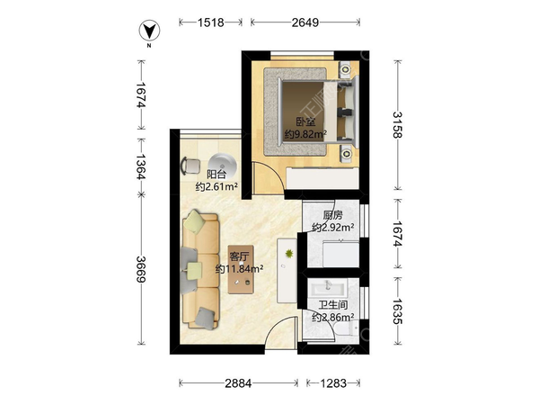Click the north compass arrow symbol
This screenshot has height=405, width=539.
point(149,31)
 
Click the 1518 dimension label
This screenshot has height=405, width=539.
point(211,22)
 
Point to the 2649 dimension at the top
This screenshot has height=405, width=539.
point(305,22)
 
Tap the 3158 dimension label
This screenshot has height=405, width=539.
point(397,125)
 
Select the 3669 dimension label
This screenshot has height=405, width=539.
point(141,269)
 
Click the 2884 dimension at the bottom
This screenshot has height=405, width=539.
point(238,383)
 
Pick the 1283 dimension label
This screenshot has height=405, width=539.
point(333,383)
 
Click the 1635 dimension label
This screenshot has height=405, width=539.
point(397,311)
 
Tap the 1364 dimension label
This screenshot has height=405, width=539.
point(141,166)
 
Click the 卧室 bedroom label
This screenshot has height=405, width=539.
point(306,121)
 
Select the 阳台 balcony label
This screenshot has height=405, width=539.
point(216,175)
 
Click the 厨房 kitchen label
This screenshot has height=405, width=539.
point(332,215)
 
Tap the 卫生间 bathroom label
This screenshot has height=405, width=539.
point(332,305)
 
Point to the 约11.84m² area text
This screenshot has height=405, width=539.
point(239,268)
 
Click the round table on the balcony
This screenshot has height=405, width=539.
point(223,166)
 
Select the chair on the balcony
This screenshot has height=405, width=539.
point(190,166)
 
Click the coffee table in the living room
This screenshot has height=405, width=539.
point(241,269)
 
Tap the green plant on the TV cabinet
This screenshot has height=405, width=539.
point(289,254)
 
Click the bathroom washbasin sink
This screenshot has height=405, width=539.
point(328,287)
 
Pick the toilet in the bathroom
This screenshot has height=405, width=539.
point(349,329)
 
